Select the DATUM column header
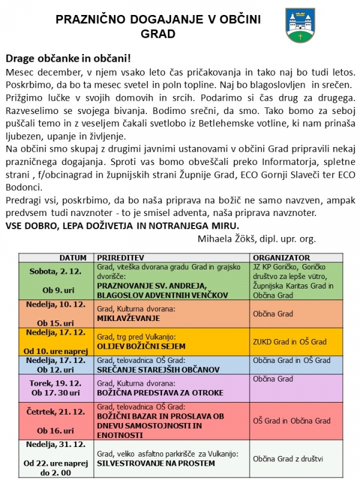click(x=56, y=256)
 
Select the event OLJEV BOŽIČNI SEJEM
click(x=133, y=346)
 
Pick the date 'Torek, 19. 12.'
click(x=56, y=382)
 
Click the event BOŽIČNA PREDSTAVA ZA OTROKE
click(x=151, y=393)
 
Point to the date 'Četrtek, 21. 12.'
click(x=56, y=407)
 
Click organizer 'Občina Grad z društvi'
click(x=288, y=459)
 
